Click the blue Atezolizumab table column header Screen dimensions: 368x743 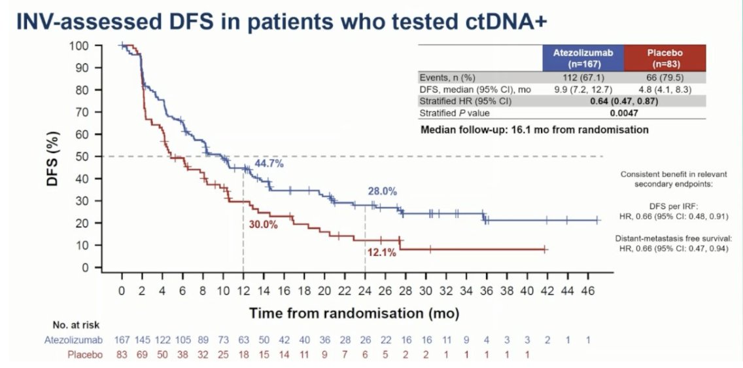click(583, 58)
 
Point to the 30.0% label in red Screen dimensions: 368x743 click(263, 224)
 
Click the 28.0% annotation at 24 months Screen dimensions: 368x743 click(382, 191)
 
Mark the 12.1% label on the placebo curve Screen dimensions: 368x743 click(381, 253)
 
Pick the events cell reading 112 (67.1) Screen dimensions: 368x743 click(583, 77)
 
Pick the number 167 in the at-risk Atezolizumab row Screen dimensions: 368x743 click(122, 340)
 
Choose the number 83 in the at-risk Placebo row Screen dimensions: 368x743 click(122, 355)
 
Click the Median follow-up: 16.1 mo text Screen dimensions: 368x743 click(534, 130)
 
